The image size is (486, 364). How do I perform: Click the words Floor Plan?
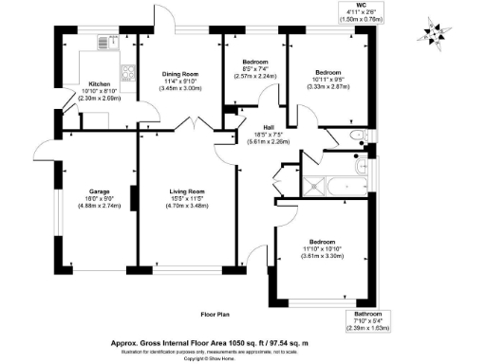point(216,312)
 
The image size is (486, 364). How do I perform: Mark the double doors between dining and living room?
point(194,124)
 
